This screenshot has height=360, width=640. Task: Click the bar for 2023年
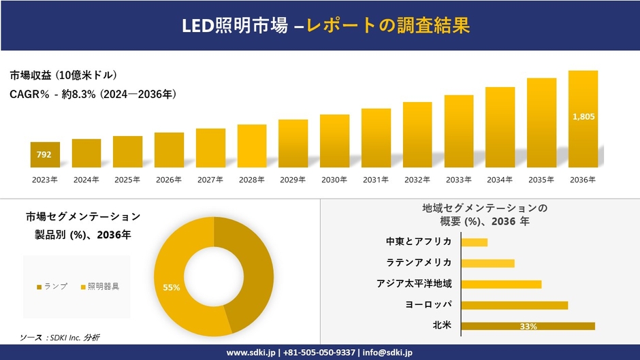45,154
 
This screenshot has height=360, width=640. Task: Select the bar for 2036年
583,119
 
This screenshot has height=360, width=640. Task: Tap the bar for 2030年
334,141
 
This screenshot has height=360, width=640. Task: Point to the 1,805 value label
583,116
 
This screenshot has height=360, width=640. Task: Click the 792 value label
44,155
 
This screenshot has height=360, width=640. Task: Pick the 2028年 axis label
252,180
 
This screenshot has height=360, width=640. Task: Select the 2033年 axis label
459,180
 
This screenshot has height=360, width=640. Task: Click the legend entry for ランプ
52,287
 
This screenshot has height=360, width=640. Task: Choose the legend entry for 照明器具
100,287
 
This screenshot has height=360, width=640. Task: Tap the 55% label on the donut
172,288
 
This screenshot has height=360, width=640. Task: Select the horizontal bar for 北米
528,326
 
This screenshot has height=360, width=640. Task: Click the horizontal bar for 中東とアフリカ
475,242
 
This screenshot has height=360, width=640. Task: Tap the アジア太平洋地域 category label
414,284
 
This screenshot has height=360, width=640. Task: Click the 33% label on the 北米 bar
528,327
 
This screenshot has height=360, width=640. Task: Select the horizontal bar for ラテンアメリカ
487,263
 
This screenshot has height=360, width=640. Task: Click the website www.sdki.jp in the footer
251,353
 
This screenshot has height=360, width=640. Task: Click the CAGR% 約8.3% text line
93,95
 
